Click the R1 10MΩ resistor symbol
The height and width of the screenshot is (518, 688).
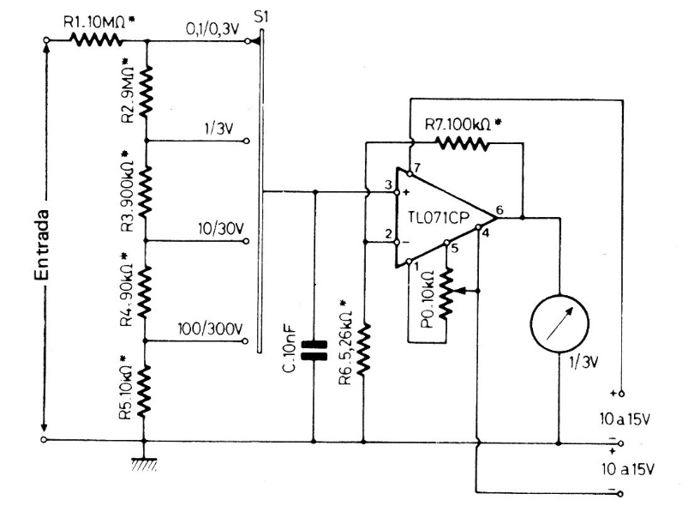(x=96, y=41)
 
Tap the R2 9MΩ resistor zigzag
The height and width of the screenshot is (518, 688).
(x=146, y=92)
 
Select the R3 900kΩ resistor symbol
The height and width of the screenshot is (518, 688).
(x=146, y=191)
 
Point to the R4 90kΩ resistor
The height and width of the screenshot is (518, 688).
(x=145, y=292)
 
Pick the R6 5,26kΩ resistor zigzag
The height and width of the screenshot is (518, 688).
(x=363, y=349)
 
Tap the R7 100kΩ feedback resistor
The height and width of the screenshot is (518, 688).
(x=462, y=144)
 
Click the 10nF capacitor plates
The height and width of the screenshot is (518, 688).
(x=314, y=351)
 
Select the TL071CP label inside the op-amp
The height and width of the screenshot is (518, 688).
(x=439, y=218)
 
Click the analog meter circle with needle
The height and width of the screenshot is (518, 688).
(x=559, y=324)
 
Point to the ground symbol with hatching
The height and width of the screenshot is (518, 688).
(x=144, y=464)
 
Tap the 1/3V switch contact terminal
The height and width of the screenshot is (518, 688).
(x=247, y=141)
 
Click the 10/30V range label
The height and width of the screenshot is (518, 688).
(x=221, y=229)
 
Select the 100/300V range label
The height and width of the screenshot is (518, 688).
(x=210, y=328)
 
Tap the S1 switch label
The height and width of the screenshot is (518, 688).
(x=260, y=17)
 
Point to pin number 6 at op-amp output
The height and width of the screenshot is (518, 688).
(x=499, y=210)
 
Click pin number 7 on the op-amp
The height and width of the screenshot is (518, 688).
(x=417, y=167)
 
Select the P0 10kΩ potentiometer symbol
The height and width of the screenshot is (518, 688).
(x=446, y=293)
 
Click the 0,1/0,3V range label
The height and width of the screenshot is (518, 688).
(x=212, y=29)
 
